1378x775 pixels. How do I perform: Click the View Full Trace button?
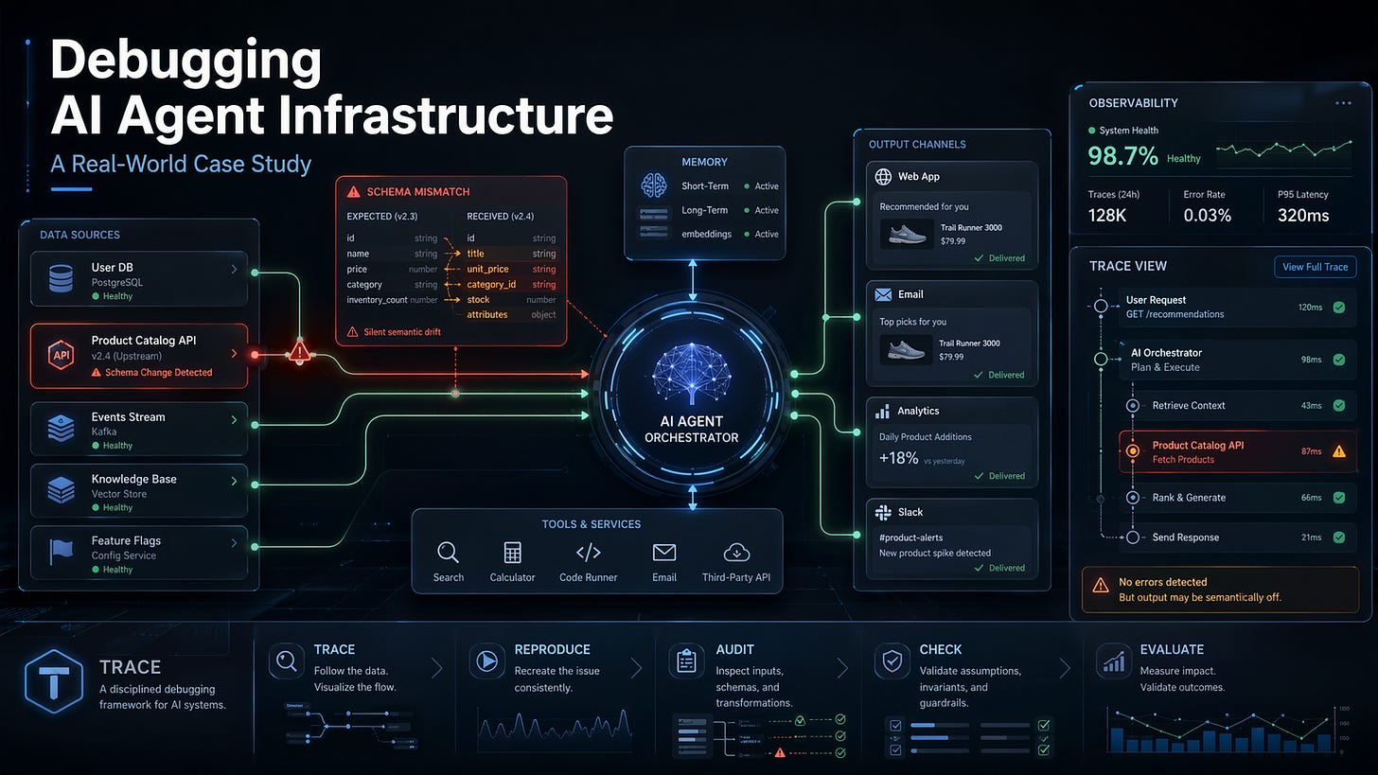[1315, 267]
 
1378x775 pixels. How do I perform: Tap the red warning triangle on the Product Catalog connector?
[300, 353]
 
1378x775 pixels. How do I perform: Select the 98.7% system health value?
[1123, 156]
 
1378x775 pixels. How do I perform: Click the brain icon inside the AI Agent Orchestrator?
[691, 371]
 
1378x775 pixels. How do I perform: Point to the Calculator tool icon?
[512, 554]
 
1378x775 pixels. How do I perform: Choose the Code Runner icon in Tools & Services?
[588, 554]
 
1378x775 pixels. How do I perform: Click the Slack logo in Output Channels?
[883, 512]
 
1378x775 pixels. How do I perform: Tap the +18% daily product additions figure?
[899, 458]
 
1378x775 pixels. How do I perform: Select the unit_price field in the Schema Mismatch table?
[487, 269]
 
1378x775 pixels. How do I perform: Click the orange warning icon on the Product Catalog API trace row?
[1338, 451]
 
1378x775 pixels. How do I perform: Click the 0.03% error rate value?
[1207, 216]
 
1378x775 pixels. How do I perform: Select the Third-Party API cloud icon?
[735, 553]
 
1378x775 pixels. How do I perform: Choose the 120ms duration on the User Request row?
[1310, 307]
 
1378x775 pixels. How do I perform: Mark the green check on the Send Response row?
[1338, 537]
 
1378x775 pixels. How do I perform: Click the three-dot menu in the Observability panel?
[1343, 103]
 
